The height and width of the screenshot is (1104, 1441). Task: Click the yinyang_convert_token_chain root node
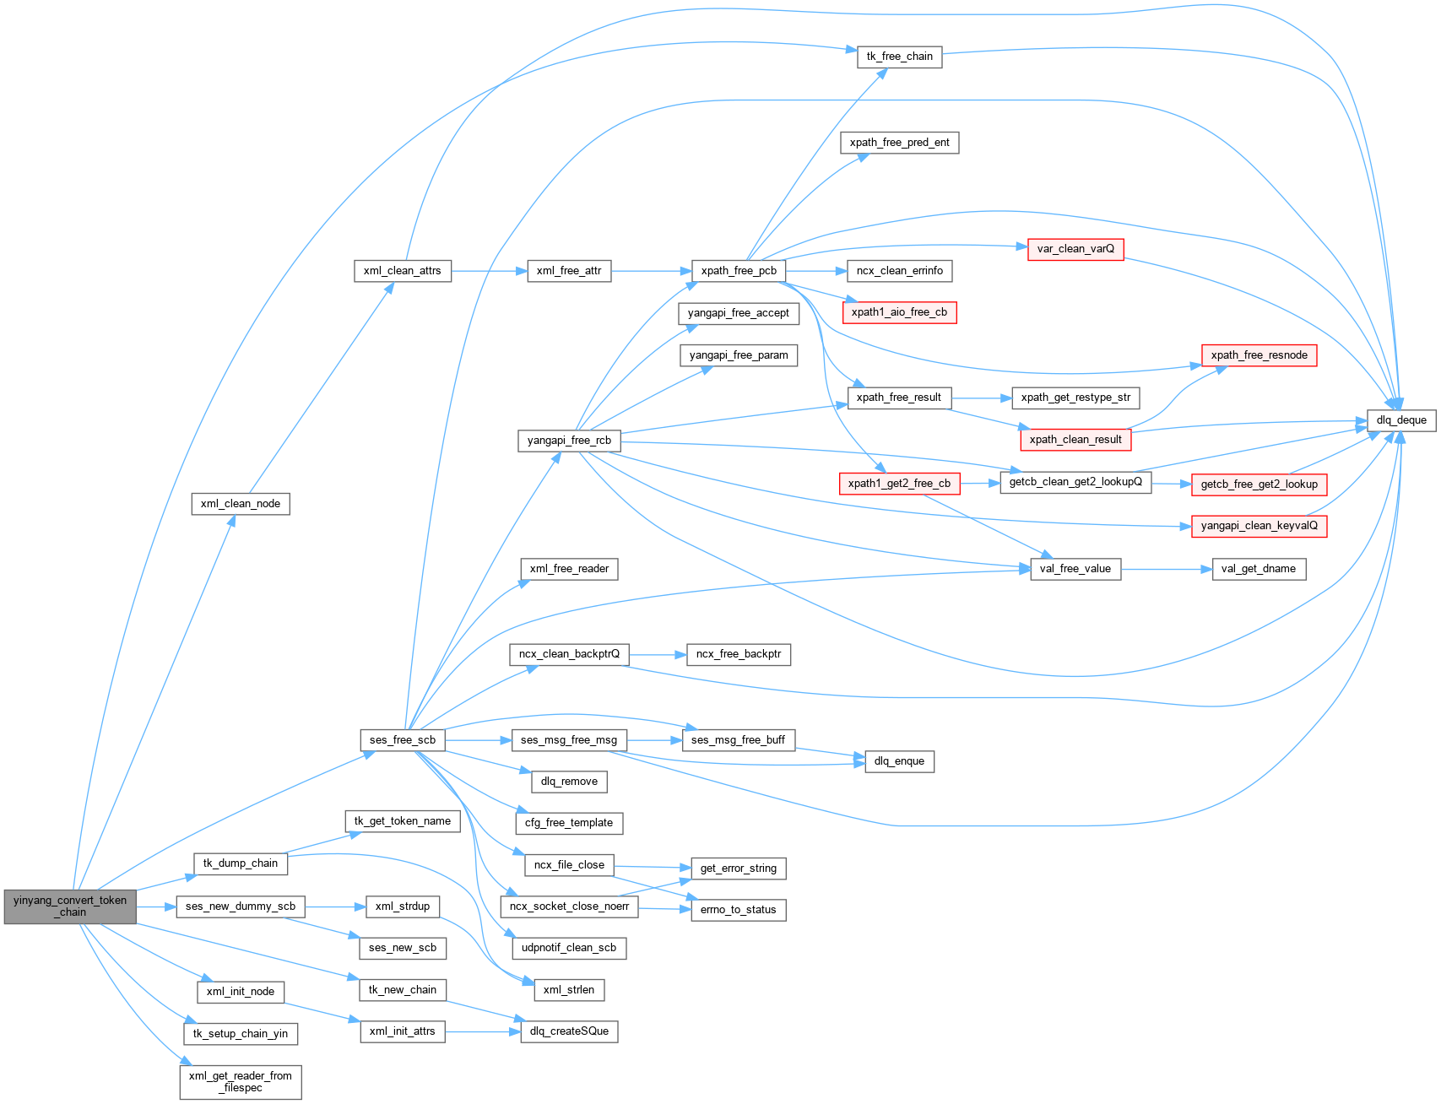[70, 906]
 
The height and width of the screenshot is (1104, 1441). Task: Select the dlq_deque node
[1400, 420]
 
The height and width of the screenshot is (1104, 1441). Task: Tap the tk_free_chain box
[899, 57]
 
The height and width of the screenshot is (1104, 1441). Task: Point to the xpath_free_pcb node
[739, 271]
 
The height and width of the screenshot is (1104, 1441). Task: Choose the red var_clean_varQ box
[1075, 249]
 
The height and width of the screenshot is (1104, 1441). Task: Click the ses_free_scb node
[403, 740]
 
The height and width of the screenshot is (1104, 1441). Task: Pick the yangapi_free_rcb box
[569, 441]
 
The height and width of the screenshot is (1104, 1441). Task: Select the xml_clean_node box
[241, 504]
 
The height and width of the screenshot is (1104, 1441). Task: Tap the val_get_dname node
[1258, 569]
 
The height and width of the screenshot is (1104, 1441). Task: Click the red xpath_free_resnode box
[1259, 355]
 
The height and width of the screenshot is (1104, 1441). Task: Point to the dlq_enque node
[899, 761]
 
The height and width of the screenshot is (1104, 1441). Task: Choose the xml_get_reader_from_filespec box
[241, 1081]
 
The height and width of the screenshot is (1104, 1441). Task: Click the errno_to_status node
[738, 910]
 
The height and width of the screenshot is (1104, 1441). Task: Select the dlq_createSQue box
[569, 1031]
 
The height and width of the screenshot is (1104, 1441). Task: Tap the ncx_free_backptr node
[739, 654]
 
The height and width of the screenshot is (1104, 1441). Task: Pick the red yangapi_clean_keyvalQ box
[1259, 526]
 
